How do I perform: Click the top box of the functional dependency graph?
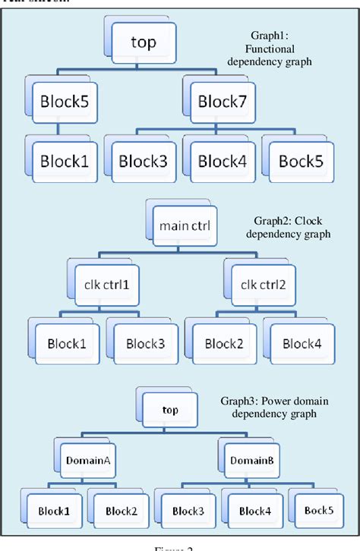tap(144, 43)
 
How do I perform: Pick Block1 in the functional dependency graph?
tap(64, 160)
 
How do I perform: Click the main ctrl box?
tap(184, 225)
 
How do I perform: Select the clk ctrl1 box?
tap(106, 286)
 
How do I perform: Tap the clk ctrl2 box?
tap(263, 286)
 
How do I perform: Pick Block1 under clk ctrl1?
tap(67, 343)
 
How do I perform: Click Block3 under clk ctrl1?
tap(145, 343)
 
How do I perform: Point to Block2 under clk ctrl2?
tap(225, 343)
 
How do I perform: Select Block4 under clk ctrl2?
tap(303, 343)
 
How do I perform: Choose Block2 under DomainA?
tap(121, 510)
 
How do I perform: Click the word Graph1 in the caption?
tap(270, 36)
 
